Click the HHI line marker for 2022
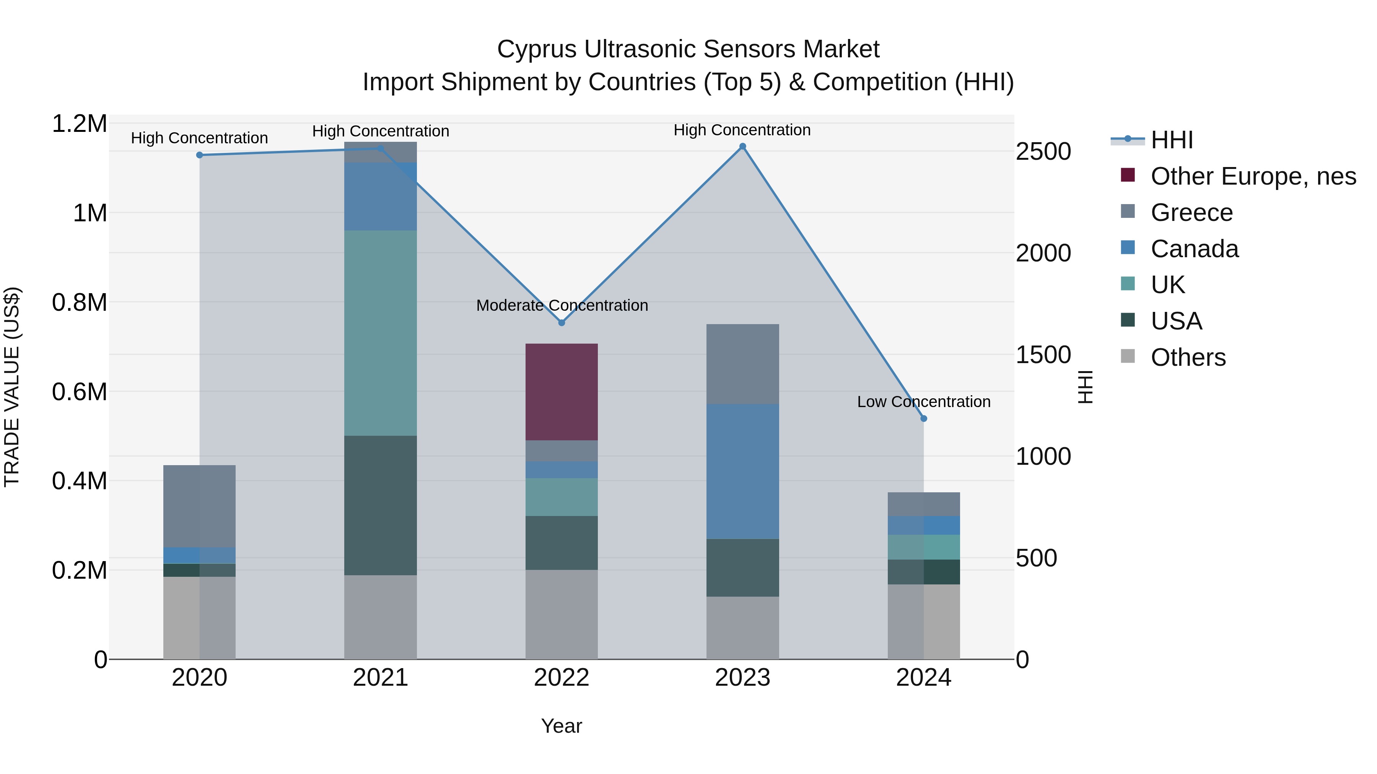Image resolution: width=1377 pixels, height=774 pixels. [561, 323]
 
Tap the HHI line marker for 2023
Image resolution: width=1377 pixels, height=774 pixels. [742, 146]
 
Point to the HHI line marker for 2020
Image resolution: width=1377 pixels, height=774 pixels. [199, 155]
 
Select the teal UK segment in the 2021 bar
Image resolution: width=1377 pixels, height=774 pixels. [380, 333]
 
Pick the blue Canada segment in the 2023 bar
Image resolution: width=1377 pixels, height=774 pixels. [742, 471]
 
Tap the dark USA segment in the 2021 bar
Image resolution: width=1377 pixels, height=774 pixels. [380, 505]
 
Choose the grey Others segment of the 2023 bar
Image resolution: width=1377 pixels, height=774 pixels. [742, 628]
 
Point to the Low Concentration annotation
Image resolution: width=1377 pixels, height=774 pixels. [923, 402]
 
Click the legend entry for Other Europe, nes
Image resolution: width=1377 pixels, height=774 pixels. [1253, 176]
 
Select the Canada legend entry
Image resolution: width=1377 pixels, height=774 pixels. [1194, 249]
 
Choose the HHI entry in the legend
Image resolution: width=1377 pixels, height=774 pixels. [1171, 140]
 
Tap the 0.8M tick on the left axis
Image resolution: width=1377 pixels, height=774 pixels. [79, 302]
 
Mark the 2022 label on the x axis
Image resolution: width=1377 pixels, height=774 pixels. [561, 678]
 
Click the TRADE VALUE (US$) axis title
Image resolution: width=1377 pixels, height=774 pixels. [12, 387]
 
